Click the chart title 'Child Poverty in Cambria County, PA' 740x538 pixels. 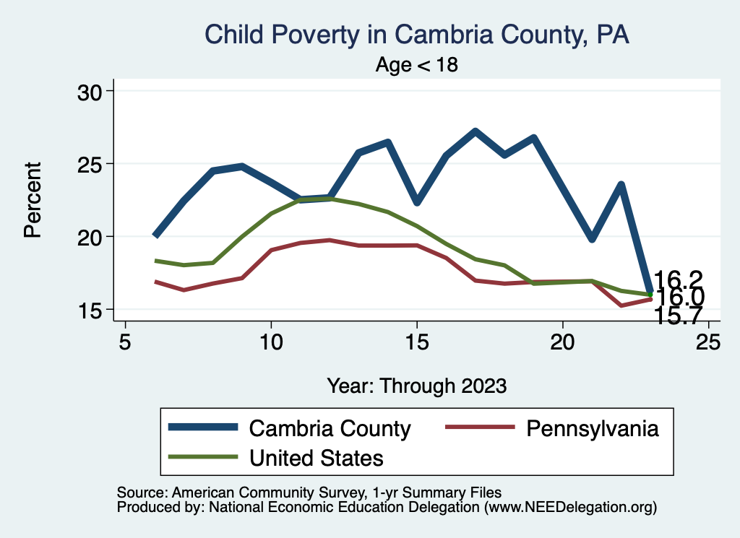417,35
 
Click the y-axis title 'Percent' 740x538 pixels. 32,200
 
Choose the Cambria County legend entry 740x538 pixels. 330,428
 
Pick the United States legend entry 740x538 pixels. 316,457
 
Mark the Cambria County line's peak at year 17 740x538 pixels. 475,131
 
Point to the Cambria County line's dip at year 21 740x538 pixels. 592,238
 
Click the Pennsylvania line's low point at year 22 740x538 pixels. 621,305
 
